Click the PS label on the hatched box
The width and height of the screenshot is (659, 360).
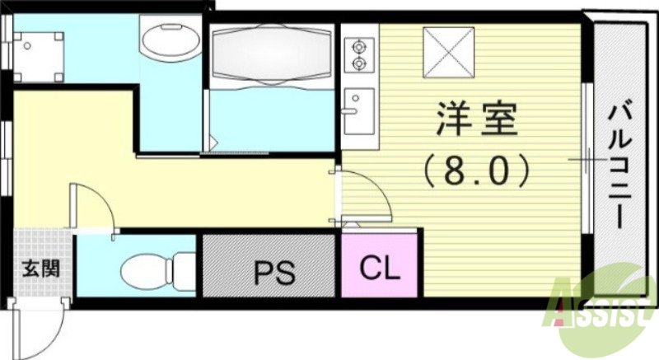(x=273, y=272)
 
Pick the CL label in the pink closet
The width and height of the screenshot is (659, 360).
(x=381, y=269)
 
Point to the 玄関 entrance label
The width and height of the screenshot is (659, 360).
(x=40, y=269)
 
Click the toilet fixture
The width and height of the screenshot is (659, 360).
(x=157, y=269)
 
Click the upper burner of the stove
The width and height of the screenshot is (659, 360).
(x=358, y=45)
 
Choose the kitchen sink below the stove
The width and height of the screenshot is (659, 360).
(x=358, y=111)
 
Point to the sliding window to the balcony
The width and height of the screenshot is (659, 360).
(x=587, y=157)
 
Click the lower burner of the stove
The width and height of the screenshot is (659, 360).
(x=358, y=62)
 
